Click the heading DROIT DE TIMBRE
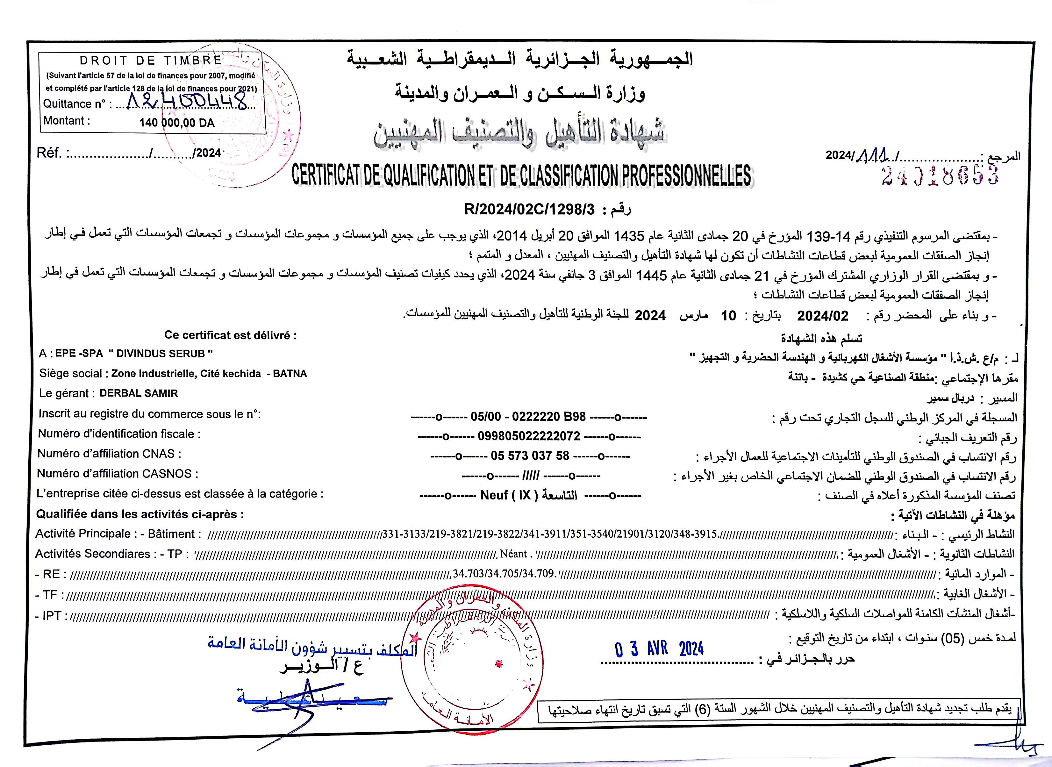(x=151, y=60)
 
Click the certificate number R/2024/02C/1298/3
(x=529, y=210)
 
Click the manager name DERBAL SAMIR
(x=139, y=393)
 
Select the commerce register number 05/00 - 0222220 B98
(x=528, y=416)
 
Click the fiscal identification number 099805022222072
(x=529, y=436)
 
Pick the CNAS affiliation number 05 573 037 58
(x=530, y=456)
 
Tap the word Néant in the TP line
(x=513, y=554)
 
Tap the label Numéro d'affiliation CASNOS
(x=117, y=474)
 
